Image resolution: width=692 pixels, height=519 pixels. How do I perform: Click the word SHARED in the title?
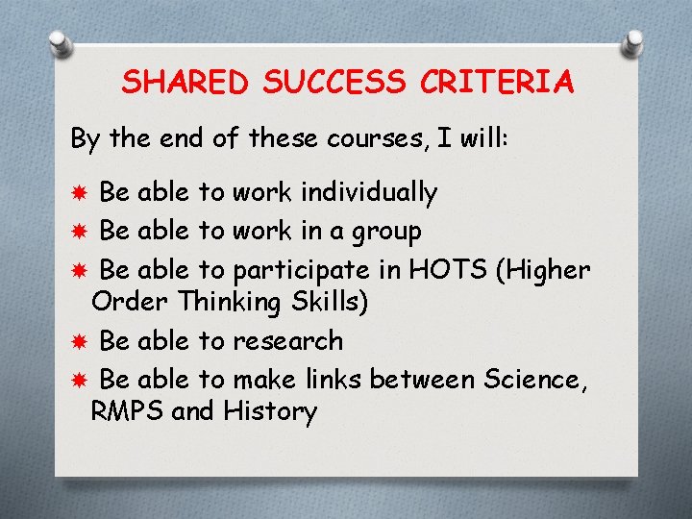click(182, 83)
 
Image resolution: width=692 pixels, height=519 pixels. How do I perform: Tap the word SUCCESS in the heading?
click(332, 83)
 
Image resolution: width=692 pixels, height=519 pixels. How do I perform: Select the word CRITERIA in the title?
click(497, 83)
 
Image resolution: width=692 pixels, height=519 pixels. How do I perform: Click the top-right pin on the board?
click(633, 40)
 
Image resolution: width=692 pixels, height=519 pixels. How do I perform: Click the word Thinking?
click(227, 302)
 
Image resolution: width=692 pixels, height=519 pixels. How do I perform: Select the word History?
click(270, 412)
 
